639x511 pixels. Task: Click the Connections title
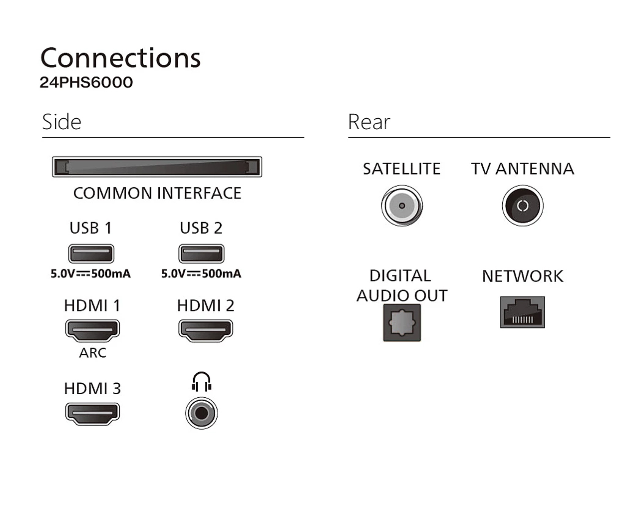pyautogui.click(x=120, y=58)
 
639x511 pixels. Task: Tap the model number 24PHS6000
pyautogui.click(x=86, y=82)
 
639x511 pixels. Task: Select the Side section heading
pyautogui.click(x=61, y=122)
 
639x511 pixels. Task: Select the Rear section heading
pyautogui.click(x=369, y=122)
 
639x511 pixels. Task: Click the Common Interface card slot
pyautogui.click(x=157, y=167)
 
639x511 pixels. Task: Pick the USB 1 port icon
pyautogui.click(x=91, y=254)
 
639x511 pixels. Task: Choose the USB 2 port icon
pyautogui.click(x=201, y=254)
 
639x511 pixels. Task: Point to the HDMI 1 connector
pyautogui.click(x=92, y=330)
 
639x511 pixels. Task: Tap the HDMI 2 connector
pyautogui.click(x=206, y=330)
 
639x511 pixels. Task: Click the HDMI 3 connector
pyautogui.click(x=92, y=413)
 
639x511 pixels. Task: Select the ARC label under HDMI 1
pyautogui.click(x=92, y=353)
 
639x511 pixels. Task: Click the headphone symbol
pyautogui.click(x=201, y=382)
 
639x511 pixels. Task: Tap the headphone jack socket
pyautogui.click(x=201, y=413)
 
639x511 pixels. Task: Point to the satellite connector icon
pyautogui.click(x=402, y=206)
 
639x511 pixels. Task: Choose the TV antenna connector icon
pyautogui.click(x=523, y=206)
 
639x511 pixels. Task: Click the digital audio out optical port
pyautogui.click(x=402, y=323)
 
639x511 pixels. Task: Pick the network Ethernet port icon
pyautogui.click(x=523, y=312)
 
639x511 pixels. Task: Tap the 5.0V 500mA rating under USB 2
pyautogui.click(x=201, y=273)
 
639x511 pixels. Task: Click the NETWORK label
pyautogui.click(x=523, y=276)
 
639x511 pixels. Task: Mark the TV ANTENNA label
pyautogui.click(x=523, y=169)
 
